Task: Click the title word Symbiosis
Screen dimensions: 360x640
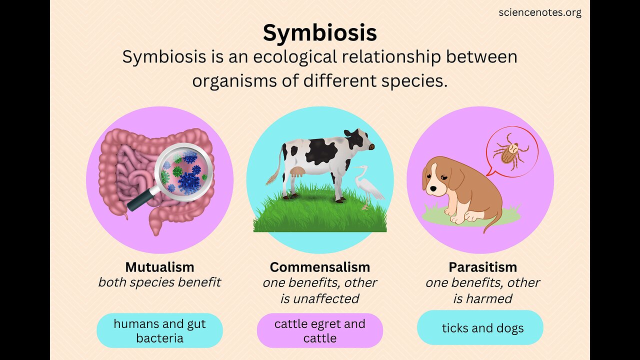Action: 320,33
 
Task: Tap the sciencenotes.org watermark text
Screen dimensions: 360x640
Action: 540,12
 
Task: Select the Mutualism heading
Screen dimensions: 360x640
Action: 159,266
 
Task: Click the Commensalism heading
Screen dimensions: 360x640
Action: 320,266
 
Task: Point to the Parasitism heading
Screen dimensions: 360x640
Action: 482,266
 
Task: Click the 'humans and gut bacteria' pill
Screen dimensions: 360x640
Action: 159,330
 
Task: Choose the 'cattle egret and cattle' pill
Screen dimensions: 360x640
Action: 320,330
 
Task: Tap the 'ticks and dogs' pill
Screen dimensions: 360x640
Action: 480,328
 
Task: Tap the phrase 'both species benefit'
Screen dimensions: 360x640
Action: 159,282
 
